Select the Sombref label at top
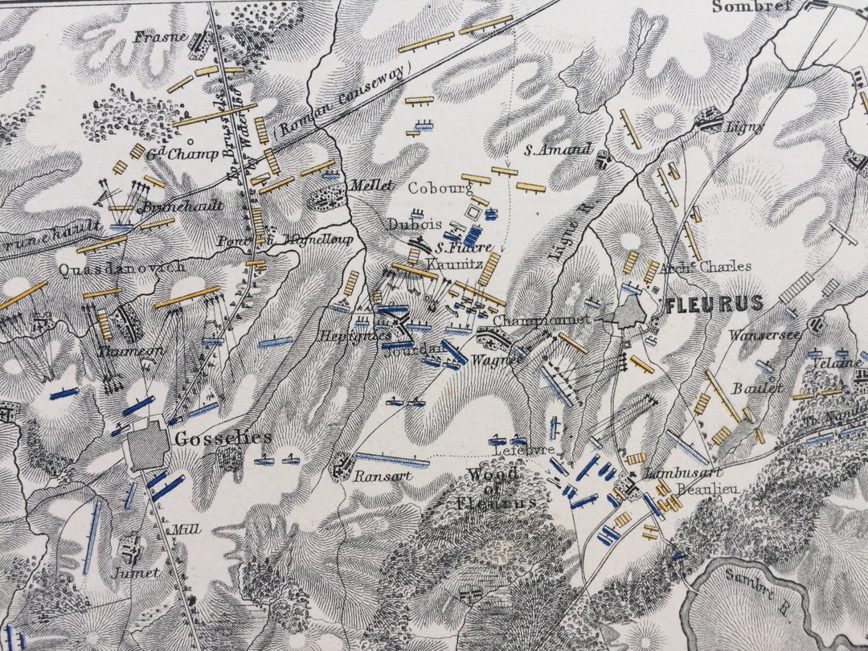point(751,6)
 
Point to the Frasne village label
point(161,37)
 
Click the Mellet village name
point(371,186)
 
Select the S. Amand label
point(558,149)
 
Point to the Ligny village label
point(744,127)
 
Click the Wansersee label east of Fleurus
point(765,334)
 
